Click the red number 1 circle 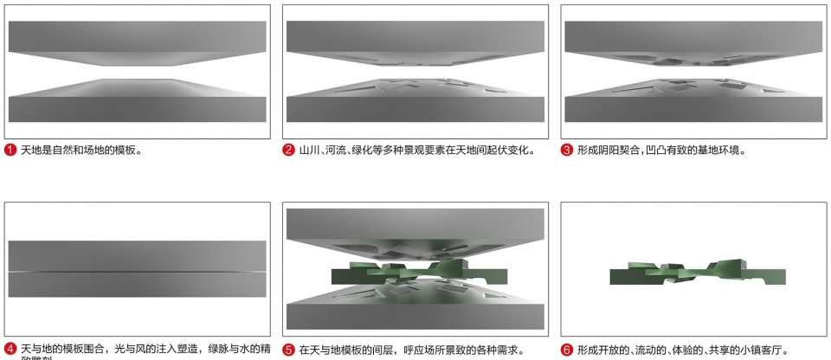tap(10, 150)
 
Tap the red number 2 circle tap(289, 150)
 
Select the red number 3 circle tap(567, 150)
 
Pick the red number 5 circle tap(289, 350)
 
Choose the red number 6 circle tap(567, 350)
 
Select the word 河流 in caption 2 tap(336, 150)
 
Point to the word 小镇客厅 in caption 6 tap(759, 350)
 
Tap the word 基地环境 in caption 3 tap(715, 150)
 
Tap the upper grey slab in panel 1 tap(137, 39)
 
